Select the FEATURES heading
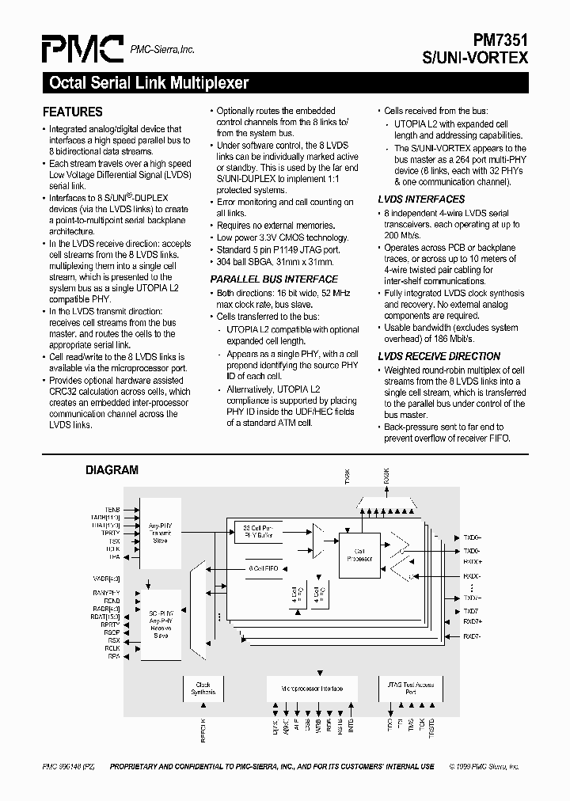(72, 112)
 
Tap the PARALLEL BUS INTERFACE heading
(274, 279)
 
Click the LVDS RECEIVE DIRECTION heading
(439, 356)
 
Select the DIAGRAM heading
(112, 470)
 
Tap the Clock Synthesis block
(203, 688)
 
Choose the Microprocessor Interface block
(313, 689)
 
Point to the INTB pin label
(351, 725)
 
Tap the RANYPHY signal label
(106, 593)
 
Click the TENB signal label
(112, 510)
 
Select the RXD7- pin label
(472, 636)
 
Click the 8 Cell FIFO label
(262, 569)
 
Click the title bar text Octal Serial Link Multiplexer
(150, 82)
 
